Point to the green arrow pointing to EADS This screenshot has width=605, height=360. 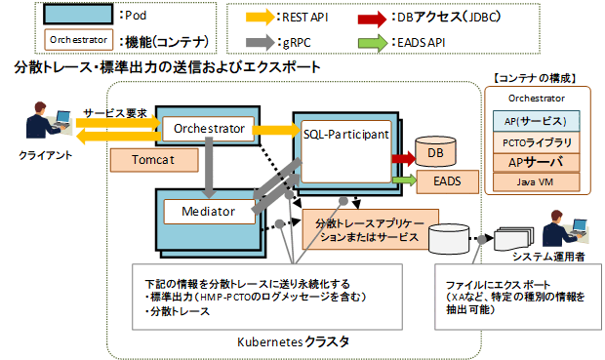403,180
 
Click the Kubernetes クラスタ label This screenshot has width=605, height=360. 294,341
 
